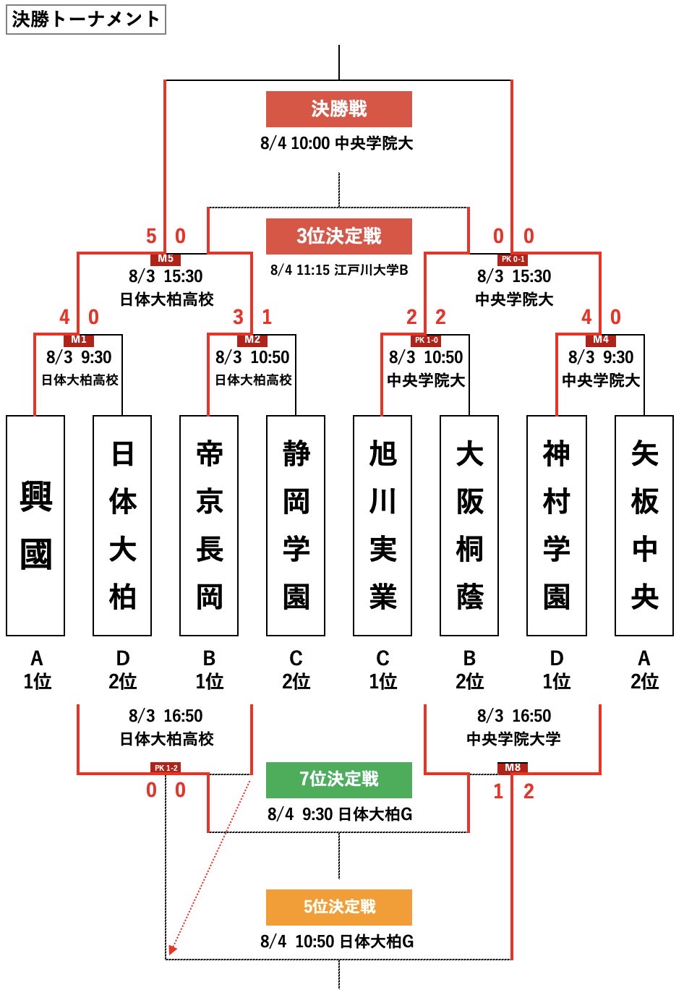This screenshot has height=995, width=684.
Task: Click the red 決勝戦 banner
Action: pos(338,109)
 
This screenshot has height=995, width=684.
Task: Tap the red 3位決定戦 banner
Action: pos(338,236)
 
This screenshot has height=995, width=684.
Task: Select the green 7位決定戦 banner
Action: pos(338,780)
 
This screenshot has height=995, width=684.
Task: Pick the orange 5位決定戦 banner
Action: pos(338,907)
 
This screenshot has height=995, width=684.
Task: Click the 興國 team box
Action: pos(35,526)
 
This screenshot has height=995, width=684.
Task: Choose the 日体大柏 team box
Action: pos(122,526)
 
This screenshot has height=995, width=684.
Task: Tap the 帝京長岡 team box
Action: pos(209,526)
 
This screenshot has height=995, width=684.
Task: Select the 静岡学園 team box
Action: pos(296,526)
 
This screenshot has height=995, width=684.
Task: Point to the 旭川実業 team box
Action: pos(382,526)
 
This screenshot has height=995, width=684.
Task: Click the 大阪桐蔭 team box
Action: pos(469,526)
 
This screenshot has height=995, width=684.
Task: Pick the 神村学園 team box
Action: pos(556,526)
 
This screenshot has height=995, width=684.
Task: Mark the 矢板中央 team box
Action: pos(644,526)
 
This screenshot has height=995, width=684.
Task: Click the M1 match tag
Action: pos(79,339)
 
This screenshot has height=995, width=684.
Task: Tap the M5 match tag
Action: pos(166,258)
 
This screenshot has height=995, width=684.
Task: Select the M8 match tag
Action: pos(513,767)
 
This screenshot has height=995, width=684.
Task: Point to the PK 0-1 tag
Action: pos(513,258)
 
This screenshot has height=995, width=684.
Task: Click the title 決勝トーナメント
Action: pos(85,20)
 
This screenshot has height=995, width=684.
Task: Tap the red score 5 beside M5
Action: pos(151,236)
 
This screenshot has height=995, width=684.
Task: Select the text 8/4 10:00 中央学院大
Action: pos(336,143)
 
